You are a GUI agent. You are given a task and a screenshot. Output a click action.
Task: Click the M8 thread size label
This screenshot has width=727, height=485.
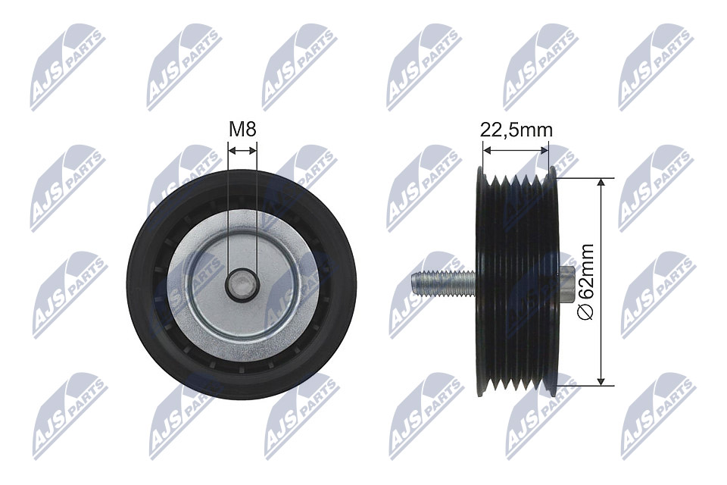pyautogui.click(x=242, y=130)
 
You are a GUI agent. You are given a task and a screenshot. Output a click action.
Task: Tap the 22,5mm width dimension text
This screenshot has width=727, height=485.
pyautogui.click(x=516, y=130)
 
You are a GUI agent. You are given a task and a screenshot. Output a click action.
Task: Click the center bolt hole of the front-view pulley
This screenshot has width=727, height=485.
pyautogui.click(x=242, y=284)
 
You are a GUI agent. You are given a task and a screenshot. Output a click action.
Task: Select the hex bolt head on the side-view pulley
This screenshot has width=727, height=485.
pyautogui.click(x=566, y=283)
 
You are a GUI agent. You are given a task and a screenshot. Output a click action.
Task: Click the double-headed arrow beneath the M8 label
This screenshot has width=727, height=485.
pyautogui.click(x=242, y=151)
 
